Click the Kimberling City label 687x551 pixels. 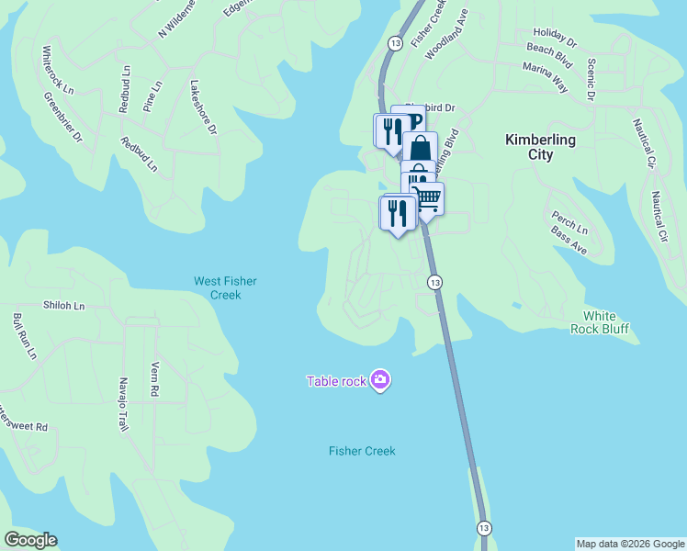[x=541, y=147]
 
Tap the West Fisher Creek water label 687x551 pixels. [x=218, y=287]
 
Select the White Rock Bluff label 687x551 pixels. [x=605, y=322]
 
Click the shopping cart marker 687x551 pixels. [x=427, y=199]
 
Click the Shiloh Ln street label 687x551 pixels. [x=63, y=305]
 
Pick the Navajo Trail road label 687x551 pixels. [x=123, y=404]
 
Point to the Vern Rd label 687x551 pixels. [x=154, y=379]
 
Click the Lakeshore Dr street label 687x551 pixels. [x=203, y=108]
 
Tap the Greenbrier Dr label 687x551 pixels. [x=64, y=117]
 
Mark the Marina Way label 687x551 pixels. [x=545, y=73]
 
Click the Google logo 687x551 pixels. [x=30, y=540]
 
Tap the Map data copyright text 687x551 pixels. [x=630, y=544]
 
